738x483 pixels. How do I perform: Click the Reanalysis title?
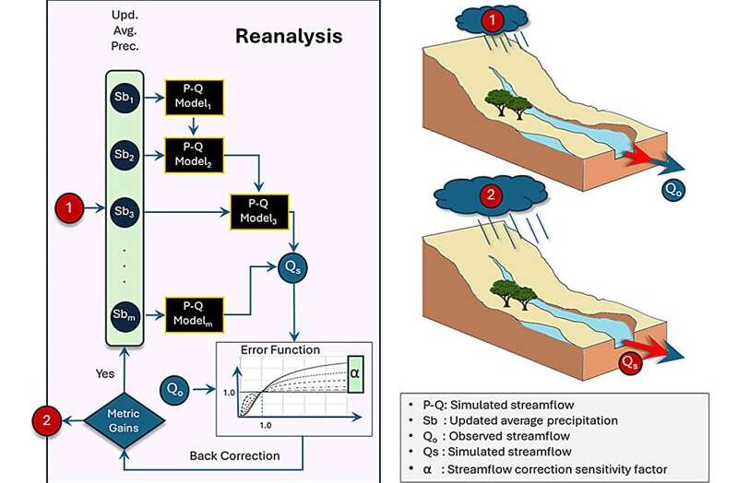click(289, 37)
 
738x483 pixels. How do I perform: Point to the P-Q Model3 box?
click(258, 212)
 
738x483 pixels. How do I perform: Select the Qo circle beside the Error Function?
click(175, 387)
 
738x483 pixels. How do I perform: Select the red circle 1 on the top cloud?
click(494, 18)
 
